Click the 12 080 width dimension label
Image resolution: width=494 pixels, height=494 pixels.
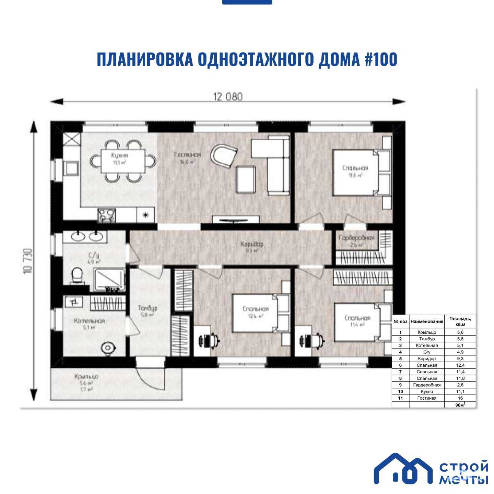[x=228, y=97]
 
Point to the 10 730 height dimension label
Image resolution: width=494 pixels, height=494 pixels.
[x=28, y=261]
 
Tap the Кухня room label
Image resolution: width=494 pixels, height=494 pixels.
[x=119, y=155]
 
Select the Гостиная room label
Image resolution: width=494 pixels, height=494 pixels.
[x=187, y=154]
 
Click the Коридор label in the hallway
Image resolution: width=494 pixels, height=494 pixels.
[x=252, y=244]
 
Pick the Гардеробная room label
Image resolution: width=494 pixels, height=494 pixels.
[x=356, y=238]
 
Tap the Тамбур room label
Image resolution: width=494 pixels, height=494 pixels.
[x=148, y=308]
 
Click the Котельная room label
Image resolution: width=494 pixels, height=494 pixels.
[x=89, y=321]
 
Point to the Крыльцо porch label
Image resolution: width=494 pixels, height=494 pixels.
[x=86, y=376]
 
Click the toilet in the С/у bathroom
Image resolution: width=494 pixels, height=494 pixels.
[x=77, y=276]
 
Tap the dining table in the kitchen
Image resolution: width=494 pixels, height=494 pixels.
[x=123, y=161]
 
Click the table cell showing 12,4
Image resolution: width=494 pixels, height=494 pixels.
[x=460, y=365]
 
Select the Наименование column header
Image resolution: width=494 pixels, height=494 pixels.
[x=427, y=321]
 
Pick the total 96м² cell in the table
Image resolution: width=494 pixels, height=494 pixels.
[x=460, y=405]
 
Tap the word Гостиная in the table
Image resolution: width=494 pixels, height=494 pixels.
[x=427, y=398]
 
